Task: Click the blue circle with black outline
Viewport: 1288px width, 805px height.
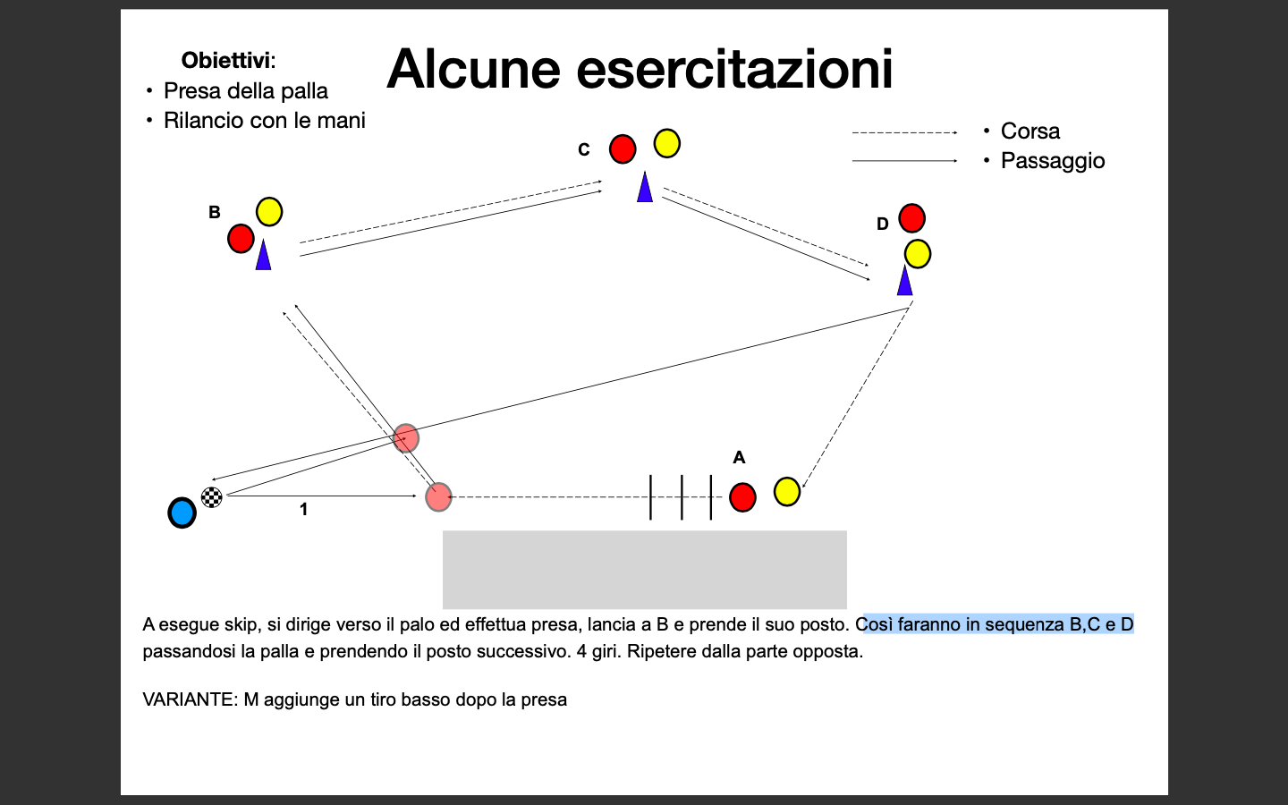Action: (x=182, y=513)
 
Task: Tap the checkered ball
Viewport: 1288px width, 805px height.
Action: (x=212, y=497)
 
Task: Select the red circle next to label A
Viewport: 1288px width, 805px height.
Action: (x=742, y=496)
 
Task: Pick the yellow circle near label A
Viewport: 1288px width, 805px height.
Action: (x=786, y=492)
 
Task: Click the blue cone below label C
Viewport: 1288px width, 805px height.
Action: (x=645, y=187)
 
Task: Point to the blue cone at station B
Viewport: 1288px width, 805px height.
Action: (x=263, y=255)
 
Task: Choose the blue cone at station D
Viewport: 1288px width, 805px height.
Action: (x=904, y=280)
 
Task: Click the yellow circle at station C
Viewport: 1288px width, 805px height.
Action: (x=667, y=143)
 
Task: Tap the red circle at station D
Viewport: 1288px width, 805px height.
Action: (x=912, y=218)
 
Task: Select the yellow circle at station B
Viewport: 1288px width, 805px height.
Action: (x=269, y=212)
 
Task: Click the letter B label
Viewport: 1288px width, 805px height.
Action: (x=215, y=212)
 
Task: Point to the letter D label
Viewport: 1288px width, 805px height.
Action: (x=883, y=224)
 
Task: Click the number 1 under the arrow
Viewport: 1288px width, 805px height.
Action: (x=303, y=509)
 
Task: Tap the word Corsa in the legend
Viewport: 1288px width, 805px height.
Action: (x=1030, y=131)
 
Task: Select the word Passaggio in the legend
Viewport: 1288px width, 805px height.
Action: (x=1053, y=160)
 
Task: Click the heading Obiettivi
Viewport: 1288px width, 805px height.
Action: (x=228, y=61)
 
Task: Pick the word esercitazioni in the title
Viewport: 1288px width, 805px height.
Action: (x=734, y=69)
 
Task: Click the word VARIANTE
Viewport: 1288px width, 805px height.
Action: (x=190, y=699)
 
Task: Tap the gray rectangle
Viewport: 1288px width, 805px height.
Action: (x=645, y=569)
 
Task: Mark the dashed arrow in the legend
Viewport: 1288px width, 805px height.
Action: (x=904, y=132)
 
